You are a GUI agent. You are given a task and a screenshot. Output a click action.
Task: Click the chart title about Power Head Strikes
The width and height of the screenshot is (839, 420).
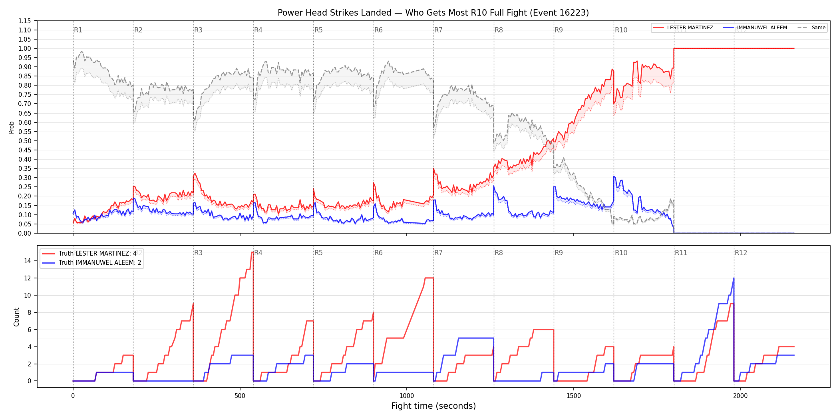[x=433, y=13]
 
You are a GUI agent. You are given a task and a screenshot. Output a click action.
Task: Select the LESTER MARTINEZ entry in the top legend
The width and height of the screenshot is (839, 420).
[x=683, y=28]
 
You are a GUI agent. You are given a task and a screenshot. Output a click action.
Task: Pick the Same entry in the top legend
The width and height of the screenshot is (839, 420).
[x=811, y=28]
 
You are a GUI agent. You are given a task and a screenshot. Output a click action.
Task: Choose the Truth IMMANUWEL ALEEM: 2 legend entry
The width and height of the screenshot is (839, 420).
[x=92, y=263]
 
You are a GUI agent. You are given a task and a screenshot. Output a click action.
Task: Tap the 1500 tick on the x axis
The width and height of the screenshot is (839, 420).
[x=574, y=396]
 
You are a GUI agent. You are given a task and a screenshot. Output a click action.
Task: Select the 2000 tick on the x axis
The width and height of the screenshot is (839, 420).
[x=740, y=396]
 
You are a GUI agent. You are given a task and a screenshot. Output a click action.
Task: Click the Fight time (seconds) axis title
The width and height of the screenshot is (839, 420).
[x=433, y=406]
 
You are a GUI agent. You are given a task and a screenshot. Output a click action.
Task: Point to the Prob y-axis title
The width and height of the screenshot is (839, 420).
[x=11, y=127]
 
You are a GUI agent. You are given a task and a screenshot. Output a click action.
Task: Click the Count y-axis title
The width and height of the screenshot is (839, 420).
[x=16, y=317]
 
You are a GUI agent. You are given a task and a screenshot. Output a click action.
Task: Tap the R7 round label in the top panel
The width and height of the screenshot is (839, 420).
[x=438, y=30]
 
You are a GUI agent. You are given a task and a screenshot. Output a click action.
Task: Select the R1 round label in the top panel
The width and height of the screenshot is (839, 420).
[x=78, y=30]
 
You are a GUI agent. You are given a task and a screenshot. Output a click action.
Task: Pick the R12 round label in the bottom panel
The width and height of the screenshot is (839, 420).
[x=741, y=253]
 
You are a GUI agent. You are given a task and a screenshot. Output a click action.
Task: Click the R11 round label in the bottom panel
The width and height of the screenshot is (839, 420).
[x=681, y=253]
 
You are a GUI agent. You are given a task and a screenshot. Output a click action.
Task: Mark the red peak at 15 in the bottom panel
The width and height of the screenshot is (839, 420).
[x=252, y=252]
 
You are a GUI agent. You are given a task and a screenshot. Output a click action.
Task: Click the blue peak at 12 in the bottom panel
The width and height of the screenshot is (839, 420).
[x=734, y=278]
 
